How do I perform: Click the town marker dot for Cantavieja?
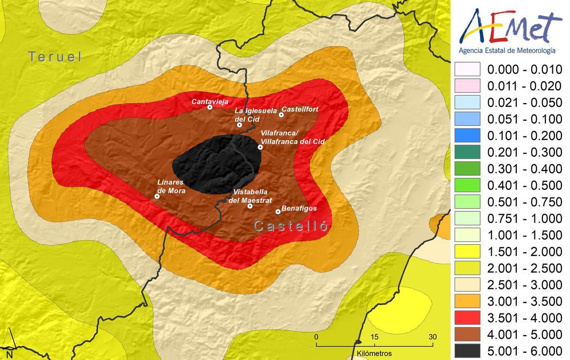click(210, 107)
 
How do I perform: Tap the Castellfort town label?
click(300, 109)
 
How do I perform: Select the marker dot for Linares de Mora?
click(157, 196)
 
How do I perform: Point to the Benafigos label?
click(299, 208)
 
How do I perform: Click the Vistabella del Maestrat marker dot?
click(250, 206)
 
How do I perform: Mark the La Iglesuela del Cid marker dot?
click(239, 125)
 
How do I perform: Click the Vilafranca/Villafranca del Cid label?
click(293, 138)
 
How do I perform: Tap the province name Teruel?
click(55, 57)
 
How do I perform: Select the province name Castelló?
click(291, 226)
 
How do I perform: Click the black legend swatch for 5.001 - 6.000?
click(467, 351)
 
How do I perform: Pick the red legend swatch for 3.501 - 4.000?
click(467, 317)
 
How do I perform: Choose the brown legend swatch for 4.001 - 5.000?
click(467, 334)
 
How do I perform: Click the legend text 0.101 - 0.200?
click(525, 136)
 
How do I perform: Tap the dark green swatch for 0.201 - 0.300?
click(467, 152)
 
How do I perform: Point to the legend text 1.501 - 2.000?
click(525, 252)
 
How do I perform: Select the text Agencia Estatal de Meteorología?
click(506, 50)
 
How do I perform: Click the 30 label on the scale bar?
click(432, 337)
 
